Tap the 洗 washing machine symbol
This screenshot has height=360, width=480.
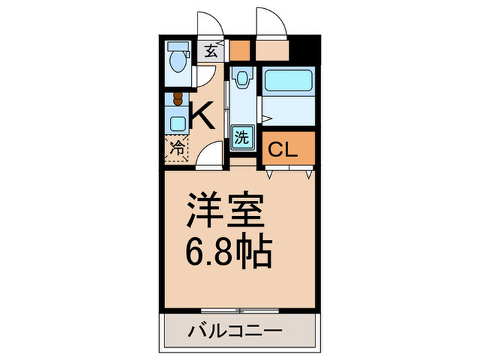pos(241,136)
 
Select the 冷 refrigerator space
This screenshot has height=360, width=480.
pos(176,147)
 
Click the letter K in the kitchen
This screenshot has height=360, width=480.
pos(200,114)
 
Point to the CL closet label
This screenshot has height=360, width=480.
pos(281,149)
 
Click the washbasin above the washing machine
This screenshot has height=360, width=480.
pos(241,82)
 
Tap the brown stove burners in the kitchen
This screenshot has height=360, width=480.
pos(178,99)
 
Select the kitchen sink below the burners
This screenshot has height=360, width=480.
pos(178,124)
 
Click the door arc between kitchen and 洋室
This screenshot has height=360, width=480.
pos(211,154)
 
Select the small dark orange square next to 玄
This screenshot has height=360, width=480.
pos(239,50)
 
